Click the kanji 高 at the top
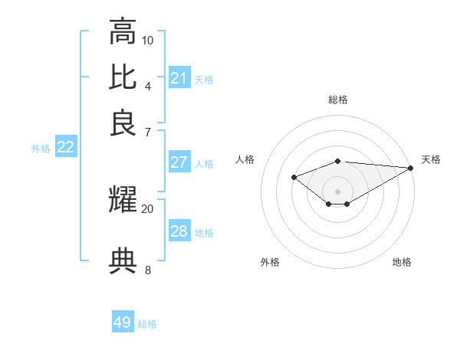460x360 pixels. [x=123, y=32]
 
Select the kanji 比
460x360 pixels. [x=123, y=78]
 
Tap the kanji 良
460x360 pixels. [x=123, y=123]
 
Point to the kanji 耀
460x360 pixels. [x=123, y=201]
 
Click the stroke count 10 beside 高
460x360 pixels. [x=148, y=40]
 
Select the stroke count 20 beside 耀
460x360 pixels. [x=148, y=208]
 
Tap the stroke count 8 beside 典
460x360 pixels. [x=148, y=270]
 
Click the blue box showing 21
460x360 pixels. [x=179, y=78]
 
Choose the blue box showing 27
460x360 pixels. [x=179, y=162]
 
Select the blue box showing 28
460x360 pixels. [x=179, y=231]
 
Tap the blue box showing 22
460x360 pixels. [x=65, y=148]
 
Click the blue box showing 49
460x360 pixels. [x=123, y=322]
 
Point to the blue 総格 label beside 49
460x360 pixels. [x=147, y=324]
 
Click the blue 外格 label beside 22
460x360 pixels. [x=41, y=149]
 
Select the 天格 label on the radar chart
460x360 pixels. [x=431, y=159]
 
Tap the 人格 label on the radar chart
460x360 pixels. [x=245, y=159]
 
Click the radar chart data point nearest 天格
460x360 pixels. [x=411, y=168]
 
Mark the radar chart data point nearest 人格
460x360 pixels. [x=294, y=178]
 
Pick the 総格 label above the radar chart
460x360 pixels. [x=338, y=100]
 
